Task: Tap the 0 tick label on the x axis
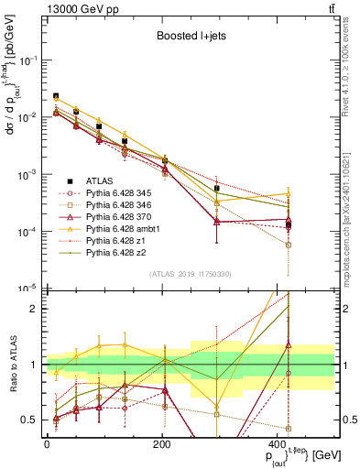coord(47,443)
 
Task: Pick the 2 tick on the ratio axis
coord(37,309)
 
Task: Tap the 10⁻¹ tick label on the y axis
coord(28,60)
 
